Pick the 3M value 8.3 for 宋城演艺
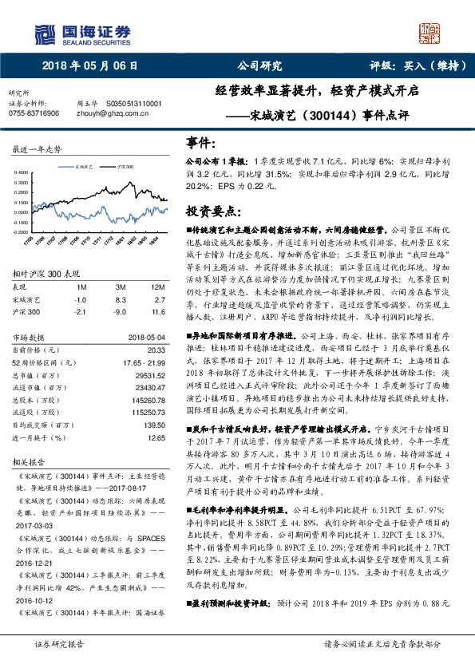[121, 298]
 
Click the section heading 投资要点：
[213, 211]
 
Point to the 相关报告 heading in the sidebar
[26, 463]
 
